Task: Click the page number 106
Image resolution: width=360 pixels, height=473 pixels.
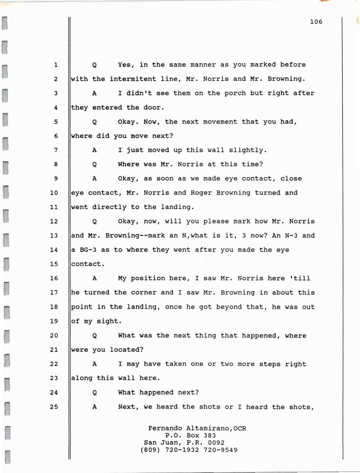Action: pyautogui.click(x=316, y=22)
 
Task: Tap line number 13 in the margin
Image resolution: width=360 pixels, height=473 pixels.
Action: pyautogui.click(x=54, y=236)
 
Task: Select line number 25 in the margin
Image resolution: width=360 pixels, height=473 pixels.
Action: pyautogui.click(x=54, y=407)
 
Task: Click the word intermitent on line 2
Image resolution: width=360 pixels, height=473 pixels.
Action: pyautogui.click(x=133, y=79)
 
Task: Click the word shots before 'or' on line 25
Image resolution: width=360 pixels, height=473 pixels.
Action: pyautogui.click(x=209, y=407)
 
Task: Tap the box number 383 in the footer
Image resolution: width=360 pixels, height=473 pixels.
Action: pyautogui.click(x=209, y=435)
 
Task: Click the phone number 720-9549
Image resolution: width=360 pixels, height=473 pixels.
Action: pyautogui.click(x=221, y=450)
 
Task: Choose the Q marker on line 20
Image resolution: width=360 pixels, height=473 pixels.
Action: pyautogui.click(x=94, y=336)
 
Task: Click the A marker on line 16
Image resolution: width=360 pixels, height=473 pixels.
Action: pyautogui.click(x=94, y=278)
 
